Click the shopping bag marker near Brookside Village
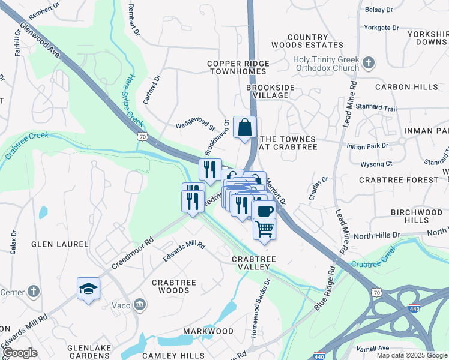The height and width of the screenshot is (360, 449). coord(244,128)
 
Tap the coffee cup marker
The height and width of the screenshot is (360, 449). coord(264,211)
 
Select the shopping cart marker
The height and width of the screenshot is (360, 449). coord(264,229)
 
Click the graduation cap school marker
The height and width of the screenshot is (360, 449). coord(88,288)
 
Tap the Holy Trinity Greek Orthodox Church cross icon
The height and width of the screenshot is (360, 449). coord(369,61)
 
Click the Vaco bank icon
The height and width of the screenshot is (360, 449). coord(140,304)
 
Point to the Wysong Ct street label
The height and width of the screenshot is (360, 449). coord(376,163)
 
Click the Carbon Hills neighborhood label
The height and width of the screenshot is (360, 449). coord(406,87)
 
